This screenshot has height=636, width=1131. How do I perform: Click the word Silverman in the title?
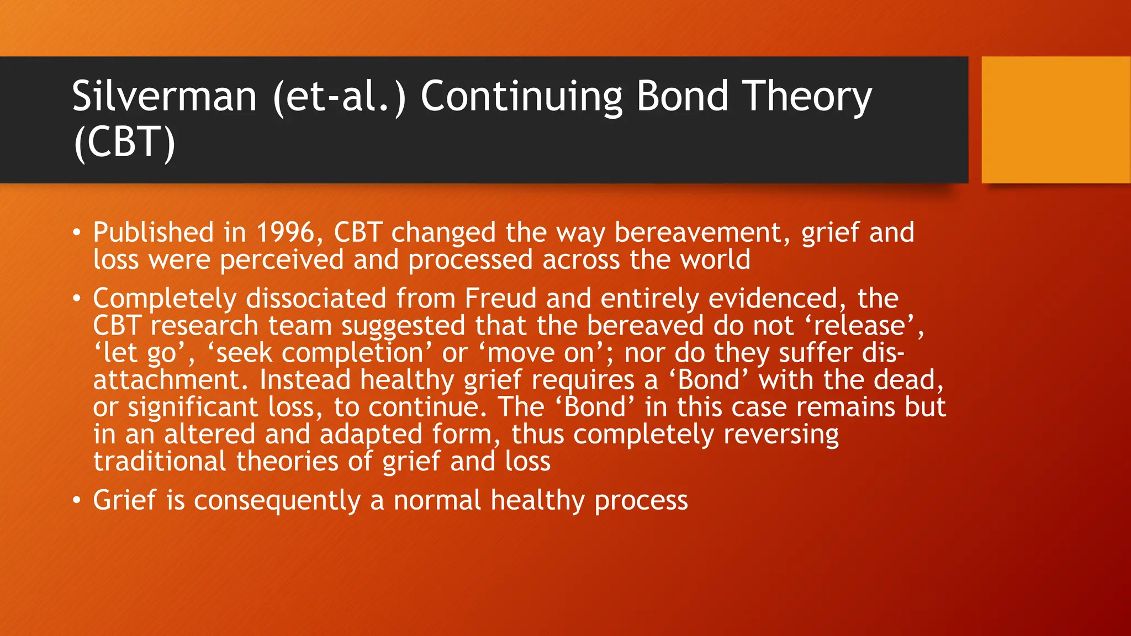(164, 97)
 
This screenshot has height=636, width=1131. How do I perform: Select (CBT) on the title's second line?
(124, 142)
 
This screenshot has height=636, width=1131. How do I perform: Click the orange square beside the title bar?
(1055, 120)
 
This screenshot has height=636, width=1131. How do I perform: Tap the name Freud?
(500, 299)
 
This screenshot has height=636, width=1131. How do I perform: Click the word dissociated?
(315, 299)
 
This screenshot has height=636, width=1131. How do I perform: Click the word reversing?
(781, 434)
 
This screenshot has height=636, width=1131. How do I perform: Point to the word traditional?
(160, 461)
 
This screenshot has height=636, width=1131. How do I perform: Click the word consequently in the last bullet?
(277, 501)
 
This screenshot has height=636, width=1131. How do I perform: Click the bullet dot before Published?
(77, 233)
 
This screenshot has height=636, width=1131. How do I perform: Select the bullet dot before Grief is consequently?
(77, 501)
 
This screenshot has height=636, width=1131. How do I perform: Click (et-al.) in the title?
(339, 97)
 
